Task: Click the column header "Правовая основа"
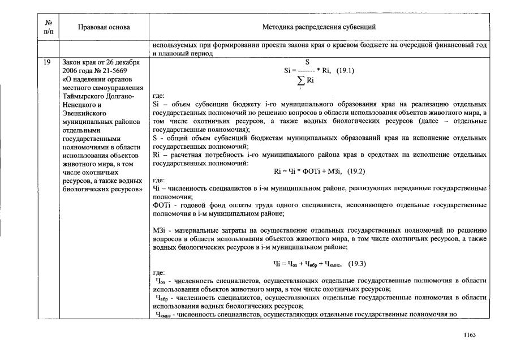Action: point(104,27)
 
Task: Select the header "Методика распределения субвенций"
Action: point(319,27)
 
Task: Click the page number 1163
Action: point(469,335)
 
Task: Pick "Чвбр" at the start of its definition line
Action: point(162,297)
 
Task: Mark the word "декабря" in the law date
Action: point(119,62)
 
